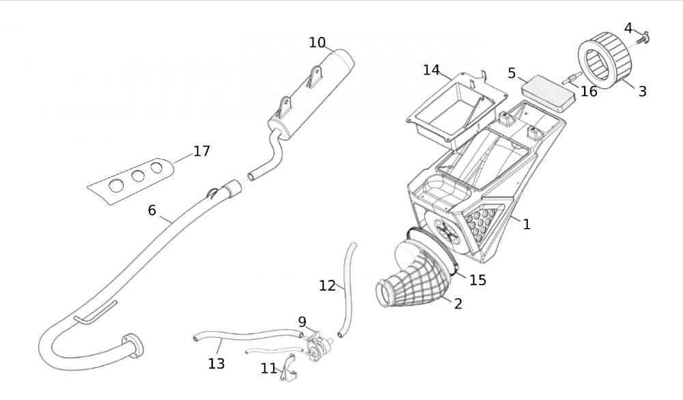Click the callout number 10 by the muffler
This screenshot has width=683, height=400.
pyautogui.click(x=317, y=42)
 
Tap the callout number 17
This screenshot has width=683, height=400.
pyautogui.click(x=201, y=151)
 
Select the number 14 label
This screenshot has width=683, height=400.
pyautogui.click(x=431, y=70)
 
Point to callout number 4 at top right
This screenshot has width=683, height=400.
pyautogui.click(x=628, y=28)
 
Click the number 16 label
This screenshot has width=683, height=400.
pyautogui.click(x=589, y=91)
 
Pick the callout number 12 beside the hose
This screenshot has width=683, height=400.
pyautogui.click(x=327, y=285)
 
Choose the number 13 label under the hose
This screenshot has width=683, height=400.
pyautogui.click(x=216, y=364)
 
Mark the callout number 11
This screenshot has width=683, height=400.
pyautogui.click(x=268, y=369)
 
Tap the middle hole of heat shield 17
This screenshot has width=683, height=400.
pyautogui.click(x=138, y=175)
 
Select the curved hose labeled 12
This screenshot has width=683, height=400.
pyautogui.click(x=348, y=287)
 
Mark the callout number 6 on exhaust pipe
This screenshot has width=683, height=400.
pyautogui.click(x=152, y=210)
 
